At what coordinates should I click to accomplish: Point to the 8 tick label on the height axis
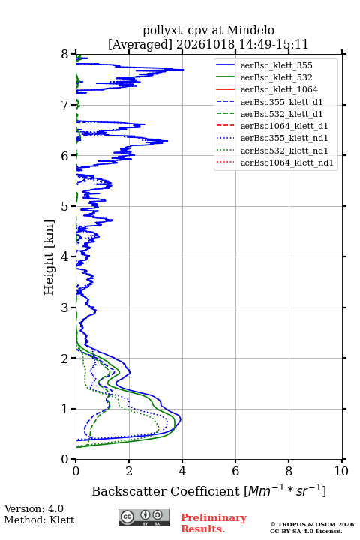tap(65, 55)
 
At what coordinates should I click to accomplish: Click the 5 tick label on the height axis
tap(65, 207)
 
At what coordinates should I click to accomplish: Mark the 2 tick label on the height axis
tap(65, 358)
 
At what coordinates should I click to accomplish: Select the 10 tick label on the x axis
tap(341, 471)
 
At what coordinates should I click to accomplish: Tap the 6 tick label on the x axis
tap(235, 471)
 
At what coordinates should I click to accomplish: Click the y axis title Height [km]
tap(49, 257)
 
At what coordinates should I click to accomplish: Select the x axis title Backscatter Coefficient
tap(166, 491)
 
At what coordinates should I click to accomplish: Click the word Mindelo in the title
tap(250, 31)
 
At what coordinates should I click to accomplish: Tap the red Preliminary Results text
tap(214, 523)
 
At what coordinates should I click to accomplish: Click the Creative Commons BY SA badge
tap(144, 517)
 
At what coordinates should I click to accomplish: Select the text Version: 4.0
tap(34, 509)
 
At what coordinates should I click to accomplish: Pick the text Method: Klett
tap(39, 520)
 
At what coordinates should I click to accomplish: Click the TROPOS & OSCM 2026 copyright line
tap(313, 524)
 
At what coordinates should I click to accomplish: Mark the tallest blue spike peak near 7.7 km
tap(183, 70)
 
